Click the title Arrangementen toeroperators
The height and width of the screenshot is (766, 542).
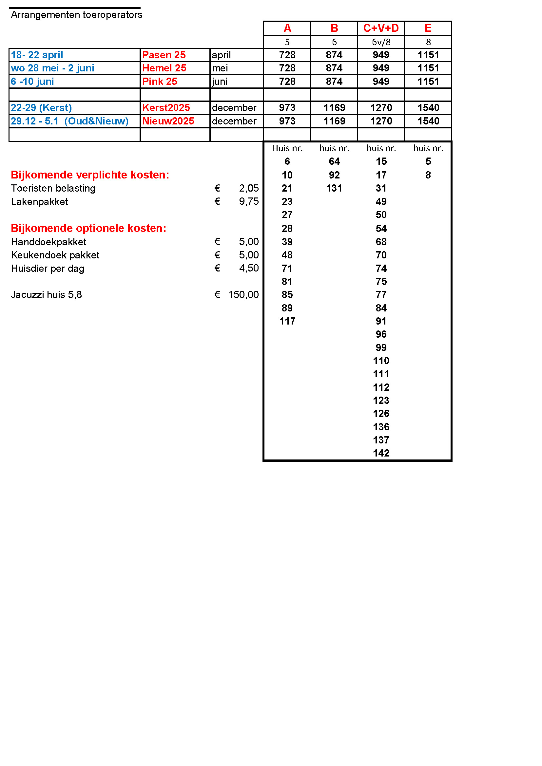point(76,15)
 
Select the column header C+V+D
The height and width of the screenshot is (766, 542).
point(381,28)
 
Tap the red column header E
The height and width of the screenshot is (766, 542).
point(428,28)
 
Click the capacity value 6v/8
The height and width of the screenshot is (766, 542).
point(381,42)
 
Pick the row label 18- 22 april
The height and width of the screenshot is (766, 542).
point(37,55)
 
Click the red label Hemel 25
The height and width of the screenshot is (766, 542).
point(164,68)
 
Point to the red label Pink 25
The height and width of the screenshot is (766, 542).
point(160,82)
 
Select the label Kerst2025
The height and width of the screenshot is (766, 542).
point(166,108)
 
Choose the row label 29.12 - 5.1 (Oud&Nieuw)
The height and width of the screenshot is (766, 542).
point(69,121)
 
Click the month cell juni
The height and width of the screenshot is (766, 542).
point(220,82)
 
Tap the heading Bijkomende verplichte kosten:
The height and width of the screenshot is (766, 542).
point(90,175)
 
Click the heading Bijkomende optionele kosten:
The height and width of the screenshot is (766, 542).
point(88,228)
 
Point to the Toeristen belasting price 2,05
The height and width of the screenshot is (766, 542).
point(249,188)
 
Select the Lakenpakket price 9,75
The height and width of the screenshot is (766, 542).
point(249,201)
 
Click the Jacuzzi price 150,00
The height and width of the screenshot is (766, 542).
point(243,295)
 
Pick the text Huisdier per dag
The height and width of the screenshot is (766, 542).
point(48,269)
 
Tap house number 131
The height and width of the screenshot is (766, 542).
point(334,188)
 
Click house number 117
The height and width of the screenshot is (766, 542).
point(287,321)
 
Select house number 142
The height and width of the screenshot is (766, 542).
point(381,453)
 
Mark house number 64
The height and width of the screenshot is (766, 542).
point(334,161)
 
